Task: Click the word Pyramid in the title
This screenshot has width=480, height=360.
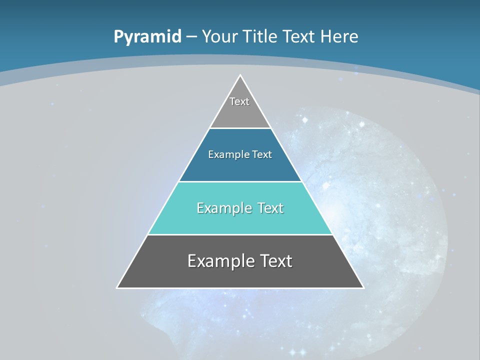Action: click(147, 37)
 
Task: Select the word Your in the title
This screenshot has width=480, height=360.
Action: click(219, 36)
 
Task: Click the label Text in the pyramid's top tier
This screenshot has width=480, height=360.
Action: click(239, 101)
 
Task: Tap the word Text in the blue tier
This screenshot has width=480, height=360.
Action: click(262, 154)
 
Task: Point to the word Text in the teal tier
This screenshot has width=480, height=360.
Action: click(270, 208)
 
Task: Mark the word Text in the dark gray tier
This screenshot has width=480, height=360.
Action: click(274, 261)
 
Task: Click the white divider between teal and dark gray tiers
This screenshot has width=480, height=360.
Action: click(240, 234)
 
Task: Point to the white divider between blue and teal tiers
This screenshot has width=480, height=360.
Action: click(240, 181)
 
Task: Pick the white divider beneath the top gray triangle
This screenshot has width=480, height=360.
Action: click(240, 128)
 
